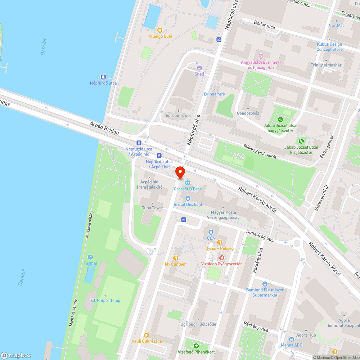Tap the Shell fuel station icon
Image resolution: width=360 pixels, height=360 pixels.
(199, 68)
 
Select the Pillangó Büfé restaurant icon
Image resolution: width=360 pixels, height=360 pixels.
(160, 31)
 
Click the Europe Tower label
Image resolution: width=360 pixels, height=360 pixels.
(178, 116)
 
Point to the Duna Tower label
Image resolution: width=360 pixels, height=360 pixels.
(152, 208)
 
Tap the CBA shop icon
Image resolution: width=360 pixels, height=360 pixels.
(211, 232)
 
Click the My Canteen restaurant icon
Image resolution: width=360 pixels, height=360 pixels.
(176, 258)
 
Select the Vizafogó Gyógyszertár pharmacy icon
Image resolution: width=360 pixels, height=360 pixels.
(221, 258)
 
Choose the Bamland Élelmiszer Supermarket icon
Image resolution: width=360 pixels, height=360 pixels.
(265, 284)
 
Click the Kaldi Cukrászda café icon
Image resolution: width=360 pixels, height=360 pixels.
(146, 335)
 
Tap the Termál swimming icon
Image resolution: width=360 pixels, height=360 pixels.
(90, 257)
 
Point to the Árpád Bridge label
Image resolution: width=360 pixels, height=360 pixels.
(104, 128)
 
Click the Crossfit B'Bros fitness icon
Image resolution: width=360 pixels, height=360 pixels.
(187, 183)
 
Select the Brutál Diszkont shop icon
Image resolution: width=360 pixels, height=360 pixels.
(188, 198)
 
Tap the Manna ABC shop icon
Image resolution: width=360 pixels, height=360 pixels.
(291, 339)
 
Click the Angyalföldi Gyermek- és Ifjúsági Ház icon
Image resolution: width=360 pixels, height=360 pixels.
(261, 56)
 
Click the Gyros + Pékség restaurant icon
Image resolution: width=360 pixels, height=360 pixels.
(219, 242)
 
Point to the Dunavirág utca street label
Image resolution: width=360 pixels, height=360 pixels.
(260, 236)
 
